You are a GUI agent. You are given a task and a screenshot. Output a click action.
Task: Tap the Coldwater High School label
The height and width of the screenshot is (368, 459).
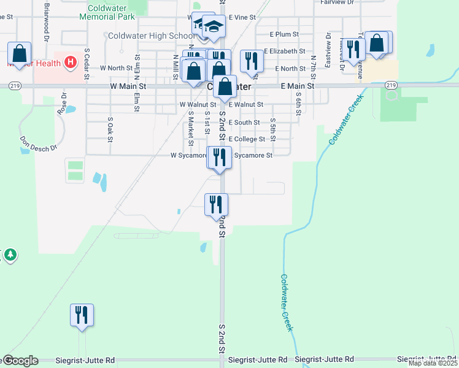pos(151,36)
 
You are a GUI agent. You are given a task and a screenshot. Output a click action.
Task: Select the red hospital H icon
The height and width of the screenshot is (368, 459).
pos(71,62)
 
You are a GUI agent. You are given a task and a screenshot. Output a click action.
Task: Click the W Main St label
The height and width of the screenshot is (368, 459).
pos(130,87)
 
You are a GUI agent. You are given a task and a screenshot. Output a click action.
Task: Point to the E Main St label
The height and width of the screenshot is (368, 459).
pos(298,87)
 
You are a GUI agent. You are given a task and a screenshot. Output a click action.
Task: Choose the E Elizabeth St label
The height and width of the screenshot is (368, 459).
pos(285,52)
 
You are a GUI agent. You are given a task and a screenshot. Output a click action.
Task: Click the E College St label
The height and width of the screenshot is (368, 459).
pos(247,139)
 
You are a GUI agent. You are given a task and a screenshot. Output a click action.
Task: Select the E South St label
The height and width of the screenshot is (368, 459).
pos(244,123)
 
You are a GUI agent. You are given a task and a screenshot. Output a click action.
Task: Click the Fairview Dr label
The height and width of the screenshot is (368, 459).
pos(337,2)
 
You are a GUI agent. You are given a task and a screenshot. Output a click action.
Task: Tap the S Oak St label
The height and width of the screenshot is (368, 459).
pos(110,130)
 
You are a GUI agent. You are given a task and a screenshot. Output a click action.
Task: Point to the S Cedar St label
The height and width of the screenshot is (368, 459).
pos(87,64)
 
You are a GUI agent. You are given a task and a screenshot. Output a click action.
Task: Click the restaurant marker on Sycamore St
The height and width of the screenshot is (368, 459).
pos(219,158)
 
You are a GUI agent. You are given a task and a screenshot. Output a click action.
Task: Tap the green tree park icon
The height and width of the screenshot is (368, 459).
pos(10,255)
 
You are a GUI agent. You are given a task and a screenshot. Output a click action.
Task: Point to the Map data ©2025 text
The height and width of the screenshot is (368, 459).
pos(433,363)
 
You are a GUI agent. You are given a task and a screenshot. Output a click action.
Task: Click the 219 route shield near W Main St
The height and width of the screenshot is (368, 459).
pos(14,86)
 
